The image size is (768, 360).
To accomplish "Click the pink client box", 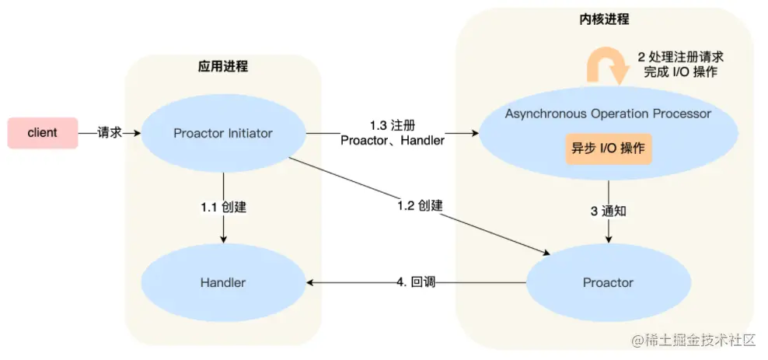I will point(42,133).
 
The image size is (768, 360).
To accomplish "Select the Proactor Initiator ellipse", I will point(223,133).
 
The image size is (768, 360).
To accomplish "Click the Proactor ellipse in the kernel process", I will point(608,282).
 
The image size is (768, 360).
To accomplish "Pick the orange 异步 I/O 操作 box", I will point(608,148).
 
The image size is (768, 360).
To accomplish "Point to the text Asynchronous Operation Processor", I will point(608,114).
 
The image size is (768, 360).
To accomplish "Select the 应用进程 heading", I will point(223,66).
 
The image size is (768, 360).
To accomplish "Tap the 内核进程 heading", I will point(604,19).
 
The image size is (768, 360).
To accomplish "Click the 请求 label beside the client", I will point(110,133).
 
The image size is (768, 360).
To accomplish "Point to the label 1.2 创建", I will point(420,206).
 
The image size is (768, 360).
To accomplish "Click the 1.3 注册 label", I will point(392,125).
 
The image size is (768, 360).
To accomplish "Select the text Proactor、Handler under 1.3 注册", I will point(393,141).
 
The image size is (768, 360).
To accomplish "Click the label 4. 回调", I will point(415,281).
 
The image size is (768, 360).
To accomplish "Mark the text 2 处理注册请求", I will point(681,57).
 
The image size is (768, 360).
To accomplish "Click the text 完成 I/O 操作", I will point(681,72).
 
